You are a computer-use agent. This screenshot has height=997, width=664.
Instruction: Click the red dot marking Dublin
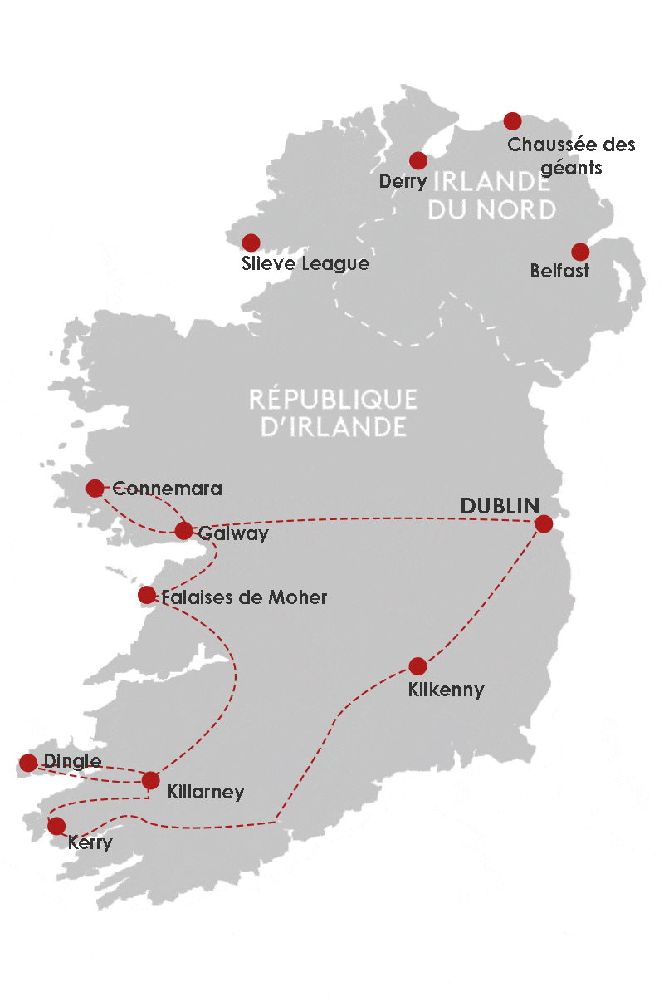tap(544, 523)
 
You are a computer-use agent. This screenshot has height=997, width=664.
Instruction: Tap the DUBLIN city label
tap(500, 506)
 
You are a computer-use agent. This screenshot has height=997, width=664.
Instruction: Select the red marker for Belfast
tap(580, 252)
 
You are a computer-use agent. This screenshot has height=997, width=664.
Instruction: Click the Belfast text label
tap(559, 272)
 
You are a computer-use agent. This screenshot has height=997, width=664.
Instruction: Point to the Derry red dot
tap(418, 160)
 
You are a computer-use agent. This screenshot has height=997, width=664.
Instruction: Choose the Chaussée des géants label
tap(571, 155)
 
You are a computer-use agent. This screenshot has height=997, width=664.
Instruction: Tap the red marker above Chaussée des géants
tap(512, 121)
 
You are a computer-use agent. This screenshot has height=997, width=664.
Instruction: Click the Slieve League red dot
tap(250, 243)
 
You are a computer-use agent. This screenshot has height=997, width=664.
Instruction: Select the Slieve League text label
tap(304, 265)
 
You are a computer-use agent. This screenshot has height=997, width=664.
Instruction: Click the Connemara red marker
tap(95, 488)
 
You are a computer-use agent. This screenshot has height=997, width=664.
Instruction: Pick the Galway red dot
tap(184, 531)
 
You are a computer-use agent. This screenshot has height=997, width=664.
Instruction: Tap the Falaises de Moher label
tap(244, 597)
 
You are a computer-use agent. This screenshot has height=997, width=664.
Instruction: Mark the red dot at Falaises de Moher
tap(147, 595)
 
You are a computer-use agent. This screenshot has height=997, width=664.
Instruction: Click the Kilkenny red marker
tap(417, 666)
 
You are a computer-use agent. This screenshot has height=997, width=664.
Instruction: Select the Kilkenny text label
tap(446, 690)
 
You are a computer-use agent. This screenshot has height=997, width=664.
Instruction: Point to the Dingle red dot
tap(28, 763)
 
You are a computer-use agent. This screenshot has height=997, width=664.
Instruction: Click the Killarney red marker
tap(150, 780)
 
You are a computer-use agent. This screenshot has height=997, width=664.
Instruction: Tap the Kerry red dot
tap(56, 826)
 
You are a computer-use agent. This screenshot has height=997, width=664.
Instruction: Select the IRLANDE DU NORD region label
tap(491, 195)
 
